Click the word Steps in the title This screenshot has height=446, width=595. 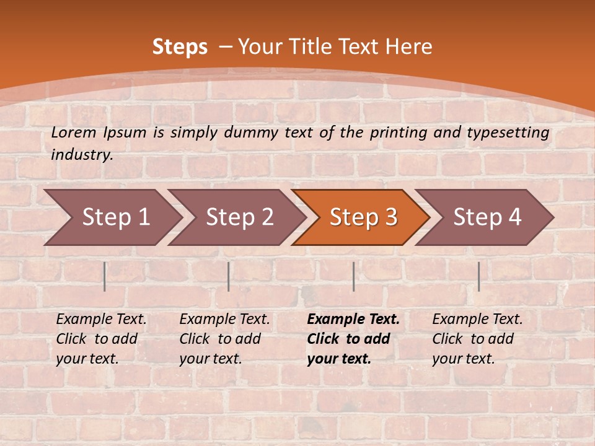click(x=180, y=47)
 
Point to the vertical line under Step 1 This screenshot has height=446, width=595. click(x=105, y=276)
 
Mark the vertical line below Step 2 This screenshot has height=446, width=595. click(x=229, y=276)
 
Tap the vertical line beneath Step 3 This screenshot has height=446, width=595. click(x=353, y=276)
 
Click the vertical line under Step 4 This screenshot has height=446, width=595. click(x=478, y=276)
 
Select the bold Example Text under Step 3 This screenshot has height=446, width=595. click(x=353, y=339)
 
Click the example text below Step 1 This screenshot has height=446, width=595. click(x=101, y=339)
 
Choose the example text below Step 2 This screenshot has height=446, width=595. click(x=224, y=339)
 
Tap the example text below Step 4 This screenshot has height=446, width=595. click(x=477, y=339)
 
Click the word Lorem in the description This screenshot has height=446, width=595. click(x=74, y=132)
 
